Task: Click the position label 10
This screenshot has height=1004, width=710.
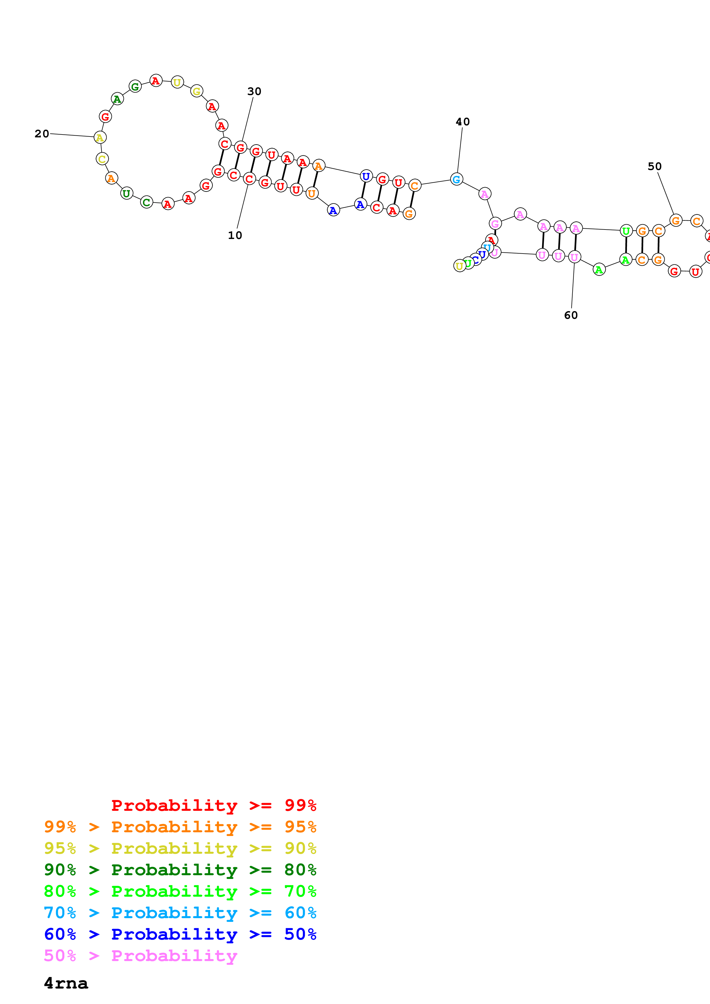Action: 235,235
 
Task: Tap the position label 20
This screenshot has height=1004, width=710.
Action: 42,134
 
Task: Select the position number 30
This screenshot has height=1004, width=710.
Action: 254,91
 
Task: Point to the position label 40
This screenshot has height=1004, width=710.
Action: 463,122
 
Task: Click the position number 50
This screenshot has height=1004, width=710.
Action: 654,167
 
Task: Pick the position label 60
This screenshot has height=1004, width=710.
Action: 571,315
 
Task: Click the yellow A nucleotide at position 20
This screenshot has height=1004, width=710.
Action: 100,138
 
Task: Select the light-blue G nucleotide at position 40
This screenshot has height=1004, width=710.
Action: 456,179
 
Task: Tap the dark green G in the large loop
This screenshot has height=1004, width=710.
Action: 135,87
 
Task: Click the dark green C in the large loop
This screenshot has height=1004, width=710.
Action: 147,202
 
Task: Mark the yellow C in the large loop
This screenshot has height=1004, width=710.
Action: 102,159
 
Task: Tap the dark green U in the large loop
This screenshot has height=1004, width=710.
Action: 126,193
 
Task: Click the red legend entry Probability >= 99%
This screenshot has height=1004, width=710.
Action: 213,805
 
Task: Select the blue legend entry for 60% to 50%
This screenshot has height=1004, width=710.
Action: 180,934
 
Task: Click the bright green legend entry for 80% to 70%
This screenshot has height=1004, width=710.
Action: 180,891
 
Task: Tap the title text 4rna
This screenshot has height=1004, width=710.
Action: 66,983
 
